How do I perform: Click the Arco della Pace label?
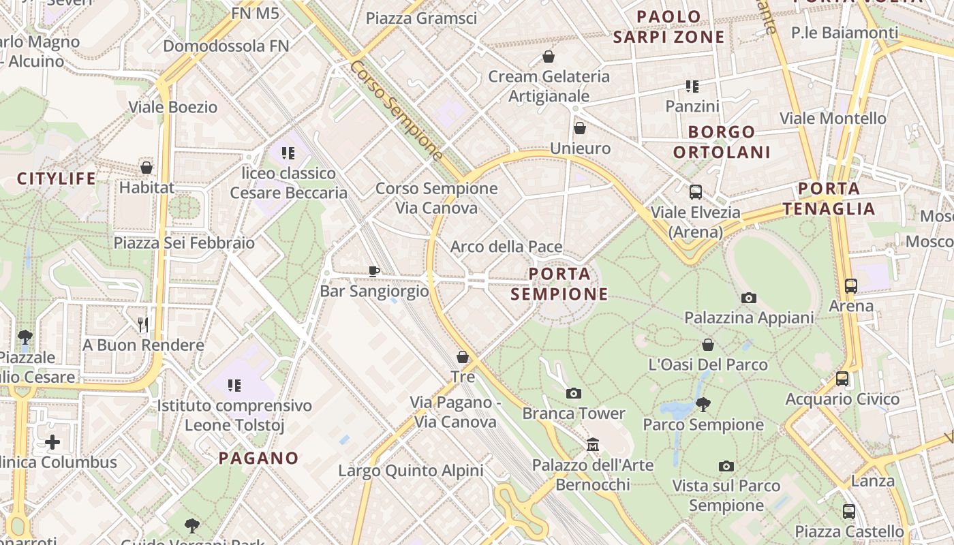[506, 247]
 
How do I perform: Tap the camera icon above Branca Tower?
[574, 393]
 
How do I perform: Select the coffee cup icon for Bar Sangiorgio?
[374, 271]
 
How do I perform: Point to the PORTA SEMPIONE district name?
[559, 284]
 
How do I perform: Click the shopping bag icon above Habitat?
[147, 167]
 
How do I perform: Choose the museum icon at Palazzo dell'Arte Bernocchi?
[593, 445]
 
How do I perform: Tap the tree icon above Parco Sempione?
[703, 405]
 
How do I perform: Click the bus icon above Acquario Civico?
[842, 379]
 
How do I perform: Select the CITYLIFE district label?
[57, 178]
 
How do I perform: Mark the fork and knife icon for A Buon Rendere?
[143, 324]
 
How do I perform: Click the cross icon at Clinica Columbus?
[52, 442]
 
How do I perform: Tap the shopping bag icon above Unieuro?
[580, 128]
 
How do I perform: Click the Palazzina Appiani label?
[749, 317]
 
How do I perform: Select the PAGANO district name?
[258, 458]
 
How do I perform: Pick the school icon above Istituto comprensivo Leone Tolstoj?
[234, 386]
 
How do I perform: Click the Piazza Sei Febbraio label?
[184, 243]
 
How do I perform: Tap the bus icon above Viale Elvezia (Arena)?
[695, 192]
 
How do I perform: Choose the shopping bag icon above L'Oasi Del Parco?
[708, 345]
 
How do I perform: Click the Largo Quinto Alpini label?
[411, 470]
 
